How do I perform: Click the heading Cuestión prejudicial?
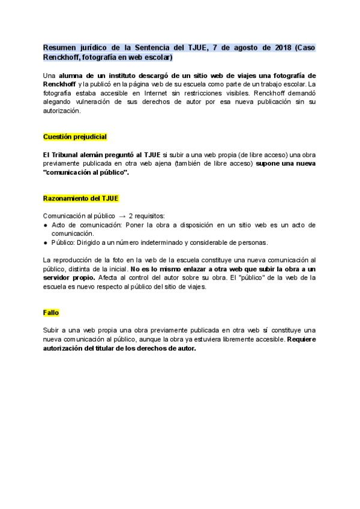click(x=75, y=137)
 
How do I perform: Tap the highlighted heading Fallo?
click(x=51, y=313)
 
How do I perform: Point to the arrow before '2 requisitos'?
click(x=122, y=215)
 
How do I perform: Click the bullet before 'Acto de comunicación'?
click(x=46, y=224)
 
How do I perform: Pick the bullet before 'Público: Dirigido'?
click(x=46, y=242)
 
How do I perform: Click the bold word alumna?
click(x=72, y=76)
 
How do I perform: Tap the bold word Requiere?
click(x=301, y=339)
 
